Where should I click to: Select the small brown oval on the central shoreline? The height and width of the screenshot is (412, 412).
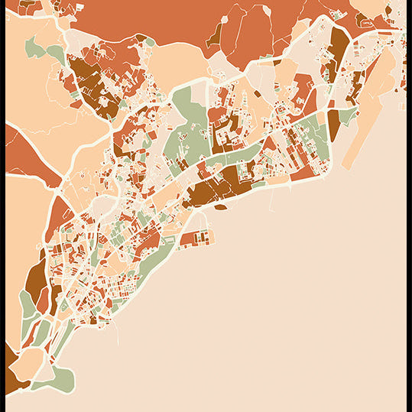click(220, 206)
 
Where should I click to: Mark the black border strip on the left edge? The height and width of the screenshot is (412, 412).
click(2, 206)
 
